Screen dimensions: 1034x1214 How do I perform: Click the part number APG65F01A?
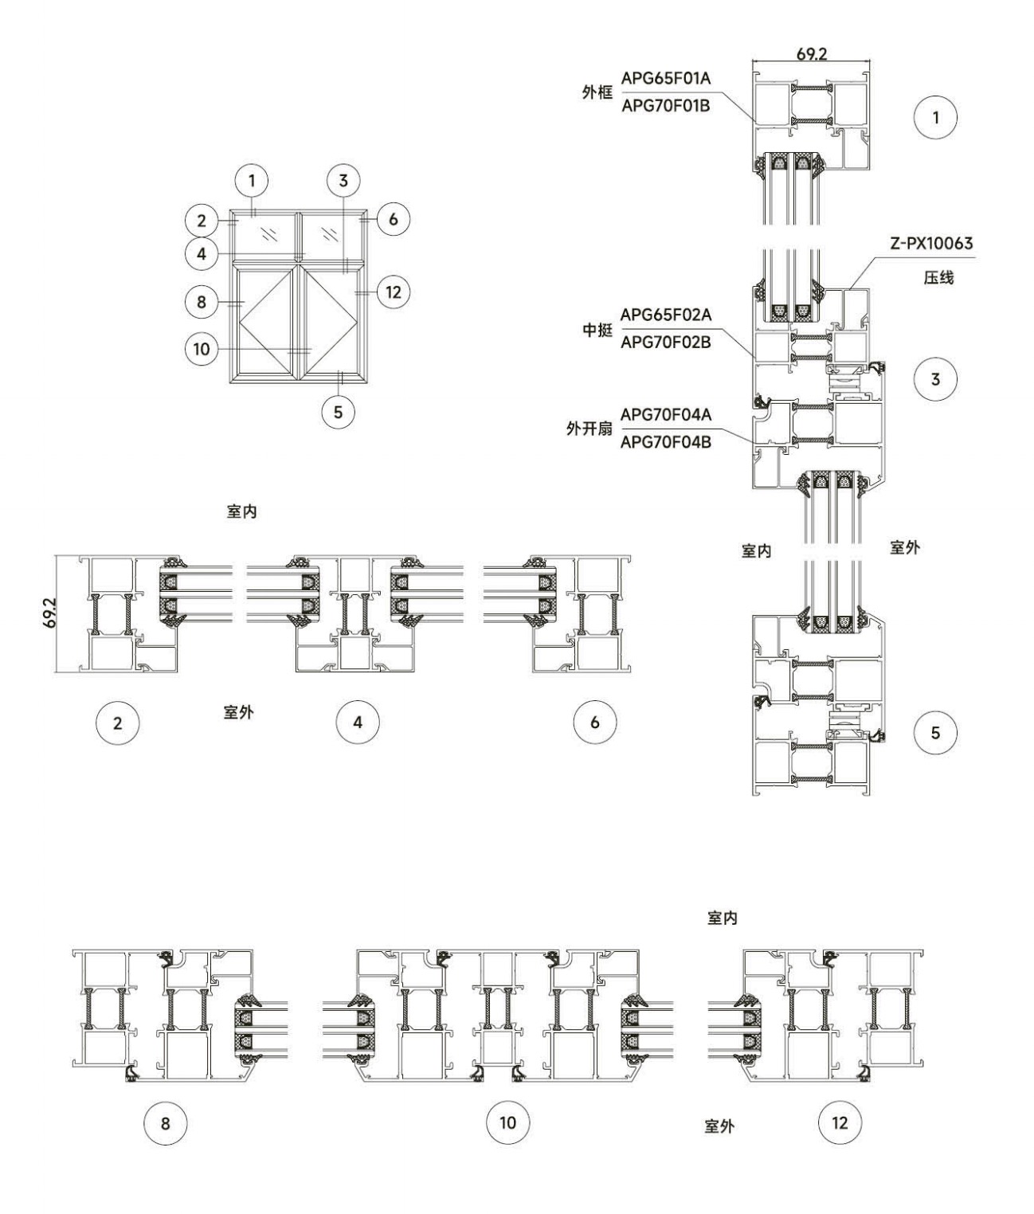coord(666,77)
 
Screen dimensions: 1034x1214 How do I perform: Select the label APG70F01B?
coord(666,106)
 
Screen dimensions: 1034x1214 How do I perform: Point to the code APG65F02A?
coord(666,315)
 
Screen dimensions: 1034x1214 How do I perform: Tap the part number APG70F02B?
coord(666,342)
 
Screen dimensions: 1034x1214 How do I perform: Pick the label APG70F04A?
coord(666,415)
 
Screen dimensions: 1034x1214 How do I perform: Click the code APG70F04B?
coord(666,441)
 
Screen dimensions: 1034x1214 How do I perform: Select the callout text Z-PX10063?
coord(931,243)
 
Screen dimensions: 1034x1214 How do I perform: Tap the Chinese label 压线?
coord(938,278)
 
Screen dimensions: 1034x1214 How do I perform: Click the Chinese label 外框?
coord(597,92)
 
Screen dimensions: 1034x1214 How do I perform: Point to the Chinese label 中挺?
coord(597,330)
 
